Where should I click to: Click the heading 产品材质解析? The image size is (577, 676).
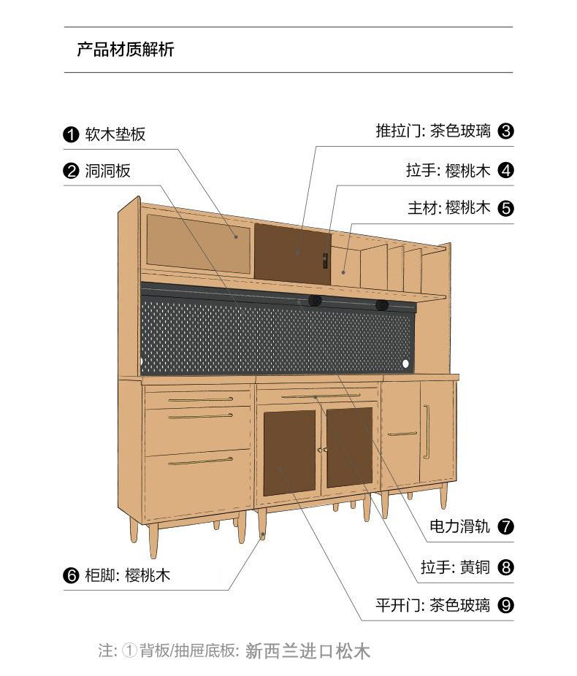coord(126,50)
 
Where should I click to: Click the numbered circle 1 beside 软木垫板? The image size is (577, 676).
coord(71,134)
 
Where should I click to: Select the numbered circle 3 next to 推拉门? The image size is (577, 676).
coord(505,131)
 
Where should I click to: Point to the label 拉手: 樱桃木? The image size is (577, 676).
coord(448,171)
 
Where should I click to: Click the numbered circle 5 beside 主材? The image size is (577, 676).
coord(505,208)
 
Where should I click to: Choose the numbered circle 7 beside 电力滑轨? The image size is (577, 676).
coord(505,526)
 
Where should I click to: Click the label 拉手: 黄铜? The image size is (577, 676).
coord(455,566)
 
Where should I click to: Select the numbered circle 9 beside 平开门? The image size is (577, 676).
coord(505,605)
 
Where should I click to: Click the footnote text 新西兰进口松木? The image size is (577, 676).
coord(308,650)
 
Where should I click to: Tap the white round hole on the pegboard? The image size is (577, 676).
coord(406,363)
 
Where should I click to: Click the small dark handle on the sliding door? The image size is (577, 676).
coord(324,258)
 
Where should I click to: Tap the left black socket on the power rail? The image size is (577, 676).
coord(315,301)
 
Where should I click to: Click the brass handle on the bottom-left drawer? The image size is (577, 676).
coord(199,461)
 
